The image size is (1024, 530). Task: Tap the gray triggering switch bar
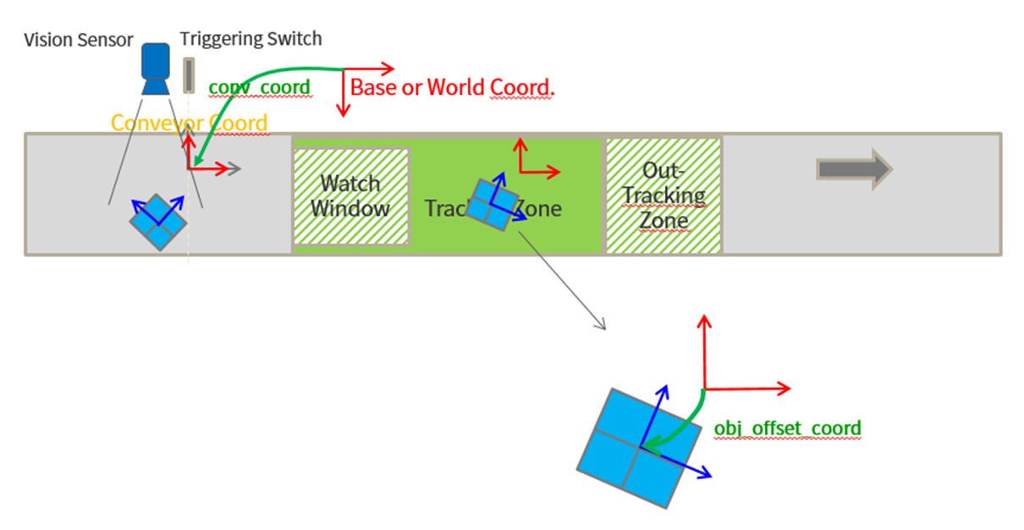pos(187,75)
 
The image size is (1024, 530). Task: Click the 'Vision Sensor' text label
pos(78,40)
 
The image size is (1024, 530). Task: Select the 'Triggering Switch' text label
pos(250,39)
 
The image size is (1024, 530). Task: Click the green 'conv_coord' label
pos(259,86)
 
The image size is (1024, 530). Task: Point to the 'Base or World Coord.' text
pos(452,87)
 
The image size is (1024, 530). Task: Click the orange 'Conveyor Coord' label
pos(189,124)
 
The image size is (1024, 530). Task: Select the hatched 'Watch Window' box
pos(350,197)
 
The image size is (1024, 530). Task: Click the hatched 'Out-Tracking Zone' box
pos(663,196)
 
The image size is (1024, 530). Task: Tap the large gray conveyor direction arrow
pos(853,168)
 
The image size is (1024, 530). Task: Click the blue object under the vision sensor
pos(157,221)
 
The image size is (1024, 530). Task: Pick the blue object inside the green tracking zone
pos(494,204)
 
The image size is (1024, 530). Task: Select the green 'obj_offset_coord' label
pos(787,428)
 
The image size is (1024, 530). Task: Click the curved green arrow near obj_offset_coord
pos(677,423)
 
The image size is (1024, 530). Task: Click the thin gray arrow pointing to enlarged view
pos(562,280)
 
